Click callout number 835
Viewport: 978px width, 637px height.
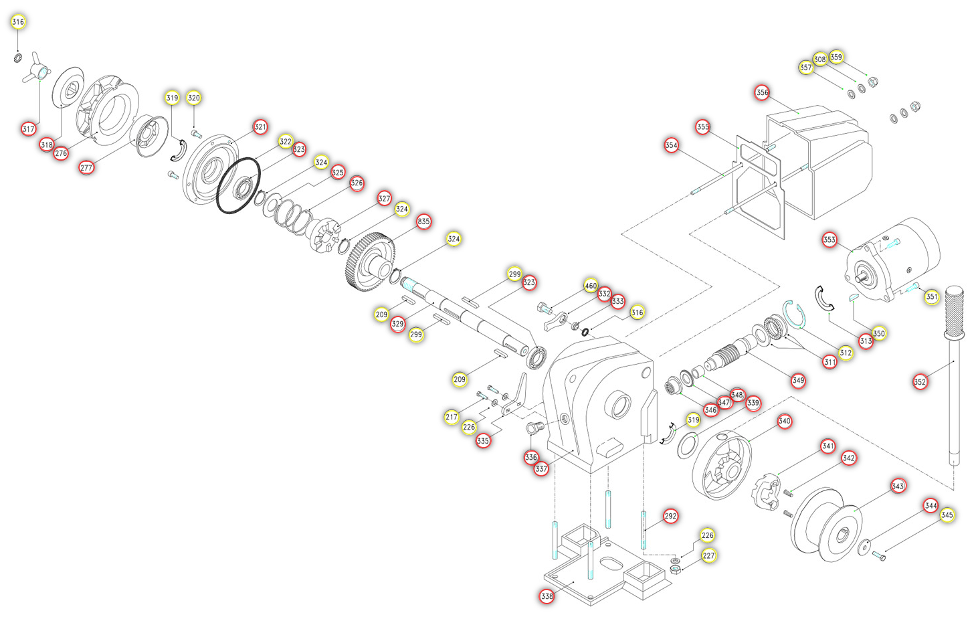point(423,221)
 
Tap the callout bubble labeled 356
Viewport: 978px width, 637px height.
point(762,92)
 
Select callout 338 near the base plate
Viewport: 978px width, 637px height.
point(547,596)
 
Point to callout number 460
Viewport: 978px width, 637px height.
point(590,286)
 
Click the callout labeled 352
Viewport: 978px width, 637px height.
point(920,382)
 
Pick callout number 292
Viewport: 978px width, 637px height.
point(670,516)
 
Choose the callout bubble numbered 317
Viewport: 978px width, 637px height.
point(28,128)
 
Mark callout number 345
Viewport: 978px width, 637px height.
point(947,515)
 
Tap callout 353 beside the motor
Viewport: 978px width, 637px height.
point(829,240)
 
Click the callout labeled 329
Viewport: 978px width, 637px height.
point(397,324)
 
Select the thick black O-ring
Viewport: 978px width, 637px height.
point(238,186)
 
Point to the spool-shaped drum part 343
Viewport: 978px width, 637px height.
point(827,526)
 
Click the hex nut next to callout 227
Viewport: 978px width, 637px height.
point(676,569)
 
